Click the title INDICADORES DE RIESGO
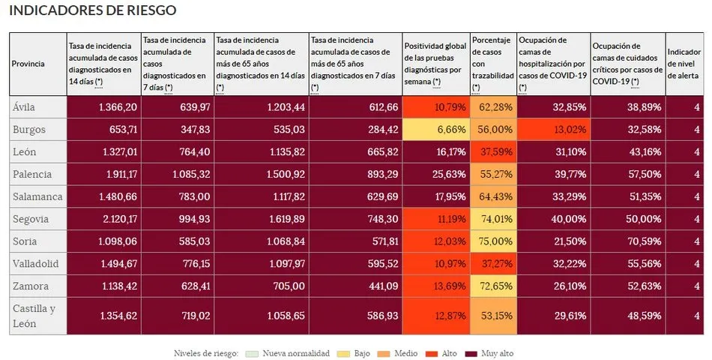point(93,11)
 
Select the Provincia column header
point(28,64)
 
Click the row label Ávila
point(25,107)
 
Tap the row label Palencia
point(32,174)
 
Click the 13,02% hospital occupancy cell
point(553,130)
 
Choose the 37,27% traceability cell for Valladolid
point(493,264)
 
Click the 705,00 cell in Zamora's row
point(261,286)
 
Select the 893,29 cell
point(355,174)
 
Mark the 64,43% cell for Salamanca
point(493,196)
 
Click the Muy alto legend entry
point(489,353)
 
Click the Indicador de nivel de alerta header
point(683,64)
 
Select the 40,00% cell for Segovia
point(553,219)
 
